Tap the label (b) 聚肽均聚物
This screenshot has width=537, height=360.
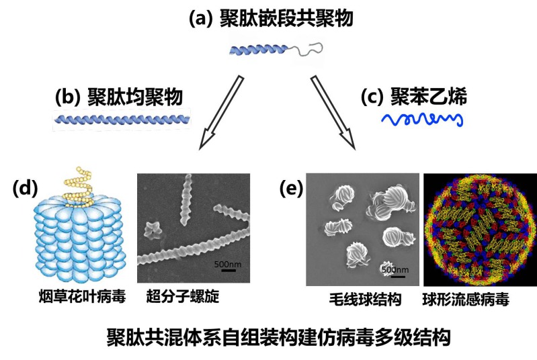coord(118,97)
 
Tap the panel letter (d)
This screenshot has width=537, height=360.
coord(25,189)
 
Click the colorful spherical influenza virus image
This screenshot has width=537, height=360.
coord(480,229)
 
